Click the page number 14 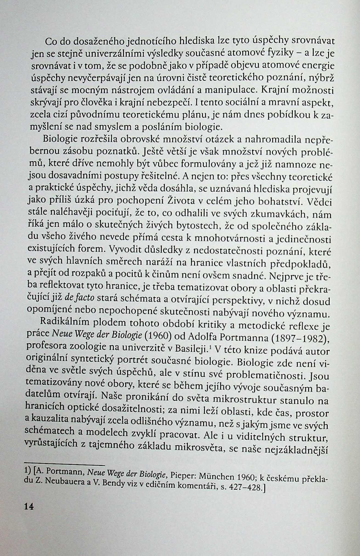pyautogui.click(x=29, y=506)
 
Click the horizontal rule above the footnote pyautogui.click(x=64, y=465)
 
